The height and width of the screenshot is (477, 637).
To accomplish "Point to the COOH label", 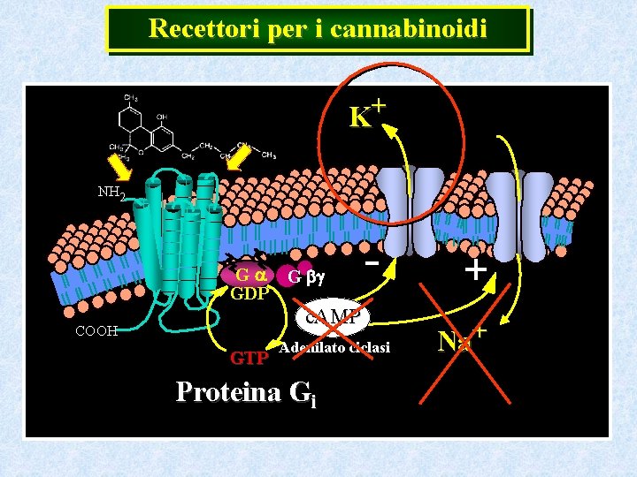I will point(96,331).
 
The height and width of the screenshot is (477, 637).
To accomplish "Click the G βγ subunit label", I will point(306,277).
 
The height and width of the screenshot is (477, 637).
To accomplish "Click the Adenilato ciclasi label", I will point(334,348).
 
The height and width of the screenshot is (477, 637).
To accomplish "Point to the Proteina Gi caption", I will point(245,391).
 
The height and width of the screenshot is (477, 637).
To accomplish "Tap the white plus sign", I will point(475,269).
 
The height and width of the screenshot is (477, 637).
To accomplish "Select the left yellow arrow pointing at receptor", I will point(119,167).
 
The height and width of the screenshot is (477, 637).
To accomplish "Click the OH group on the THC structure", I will point(161,117).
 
